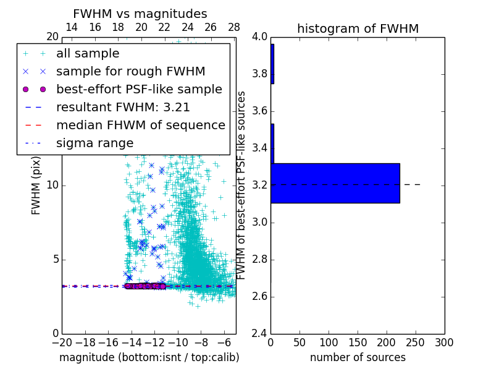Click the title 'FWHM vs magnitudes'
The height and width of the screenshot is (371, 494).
[x=140, y=14]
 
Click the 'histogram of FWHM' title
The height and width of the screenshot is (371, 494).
[x=358, y=28]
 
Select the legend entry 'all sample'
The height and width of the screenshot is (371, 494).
[x=88, y=54]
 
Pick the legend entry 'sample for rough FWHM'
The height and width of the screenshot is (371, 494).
[x=130, y=72]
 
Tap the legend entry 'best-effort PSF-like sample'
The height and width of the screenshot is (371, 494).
[x=139, y=90]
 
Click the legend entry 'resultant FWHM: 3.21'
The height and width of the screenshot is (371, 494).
[x=123, y=108]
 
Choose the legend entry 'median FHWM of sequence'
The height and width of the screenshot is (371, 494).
[x=140, y=126]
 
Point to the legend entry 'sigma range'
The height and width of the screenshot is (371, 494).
[x=94, y=143]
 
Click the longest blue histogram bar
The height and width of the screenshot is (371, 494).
[x=335, y=183]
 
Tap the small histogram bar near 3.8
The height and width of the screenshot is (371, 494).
[x=272, y=64]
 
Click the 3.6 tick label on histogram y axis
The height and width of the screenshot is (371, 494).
[x=259, y=111]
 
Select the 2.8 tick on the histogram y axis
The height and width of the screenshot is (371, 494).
[x=259, y=259]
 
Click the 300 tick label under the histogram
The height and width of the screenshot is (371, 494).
[x=444, y=343]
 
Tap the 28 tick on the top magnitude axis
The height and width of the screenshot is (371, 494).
[x=234, y=27]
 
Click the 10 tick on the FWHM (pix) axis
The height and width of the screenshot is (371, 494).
[x=52, y=185]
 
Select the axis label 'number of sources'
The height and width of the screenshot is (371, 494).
[x=358, y=357]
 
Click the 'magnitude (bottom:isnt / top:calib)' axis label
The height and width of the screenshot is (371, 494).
[x=149, y=357]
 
